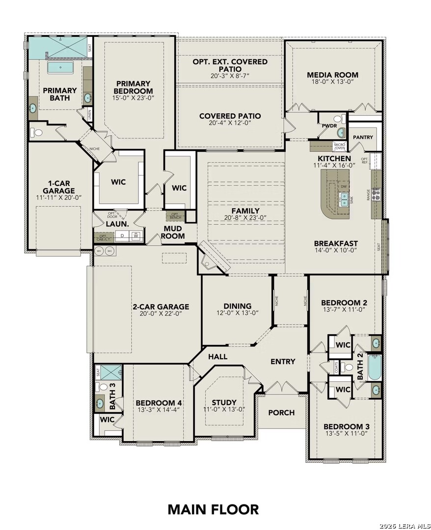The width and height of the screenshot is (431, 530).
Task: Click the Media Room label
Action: [332, 75]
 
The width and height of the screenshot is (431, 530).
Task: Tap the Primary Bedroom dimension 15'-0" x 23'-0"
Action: [133, 98]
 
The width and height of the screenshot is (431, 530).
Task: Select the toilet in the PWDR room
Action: [337, 118]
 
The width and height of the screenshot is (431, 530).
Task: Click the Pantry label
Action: [363, 137]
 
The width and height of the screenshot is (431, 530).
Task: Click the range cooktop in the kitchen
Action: [377, 194]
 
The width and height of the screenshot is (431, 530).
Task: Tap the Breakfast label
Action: [336, 243]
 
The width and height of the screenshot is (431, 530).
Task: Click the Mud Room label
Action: [173, 232]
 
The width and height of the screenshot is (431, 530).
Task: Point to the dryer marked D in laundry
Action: [122, 236]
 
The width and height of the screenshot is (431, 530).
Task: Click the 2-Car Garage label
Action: [161, 307]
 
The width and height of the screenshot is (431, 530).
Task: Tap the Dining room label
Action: [238, 306]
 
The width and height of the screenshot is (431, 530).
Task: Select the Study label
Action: [224, 402]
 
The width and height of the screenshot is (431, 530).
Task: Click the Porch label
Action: [281, 413]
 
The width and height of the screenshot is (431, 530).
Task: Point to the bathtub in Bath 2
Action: [375, 369]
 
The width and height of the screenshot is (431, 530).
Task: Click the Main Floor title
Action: [213, 509]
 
